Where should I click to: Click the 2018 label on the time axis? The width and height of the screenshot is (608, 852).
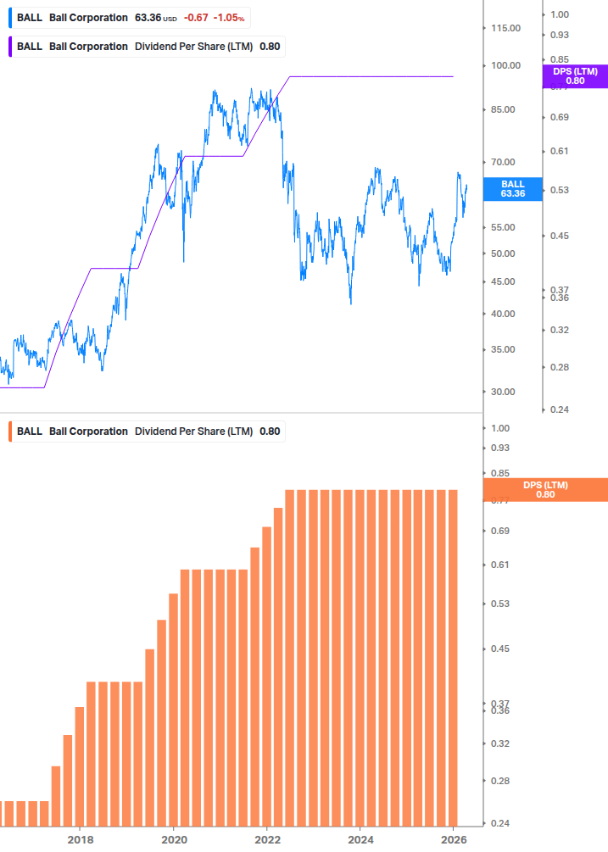tap(81, 839)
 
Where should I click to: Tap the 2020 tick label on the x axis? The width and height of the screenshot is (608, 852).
tap(173, 839)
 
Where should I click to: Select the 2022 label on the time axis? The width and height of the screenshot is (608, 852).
tap(267, 839)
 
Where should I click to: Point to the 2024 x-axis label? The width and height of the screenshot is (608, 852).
tap(360, 839)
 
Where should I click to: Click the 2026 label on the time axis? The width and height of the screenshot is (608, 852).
tap(455, 839)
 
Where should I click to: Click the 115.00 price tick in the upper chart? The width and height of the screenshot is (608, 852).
tap(505, 28)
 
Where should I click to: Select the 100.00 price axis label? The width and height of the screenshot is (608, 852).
tap(505, 65)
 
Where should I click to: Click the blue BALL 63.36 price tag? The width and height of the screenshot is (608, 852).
tap(512, 188)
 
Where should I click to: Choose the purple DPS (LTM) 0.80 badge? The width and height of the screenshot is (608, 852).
tap(575, 76)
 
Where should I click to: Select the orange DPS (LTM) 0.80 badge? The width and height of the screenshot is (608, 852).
tap(544, 490)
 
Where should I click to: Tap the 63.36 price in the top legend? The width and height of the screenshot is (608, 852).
tap(148, 18)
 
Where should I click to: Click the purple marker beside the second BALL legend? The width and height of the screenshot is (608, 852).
tap(9, 46)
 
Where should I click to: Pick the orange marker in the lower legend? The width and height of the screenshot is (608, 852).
tap(9, 431)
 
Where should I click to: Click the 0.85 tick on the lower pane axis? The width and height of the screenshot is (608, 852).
tap(499, 473)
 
